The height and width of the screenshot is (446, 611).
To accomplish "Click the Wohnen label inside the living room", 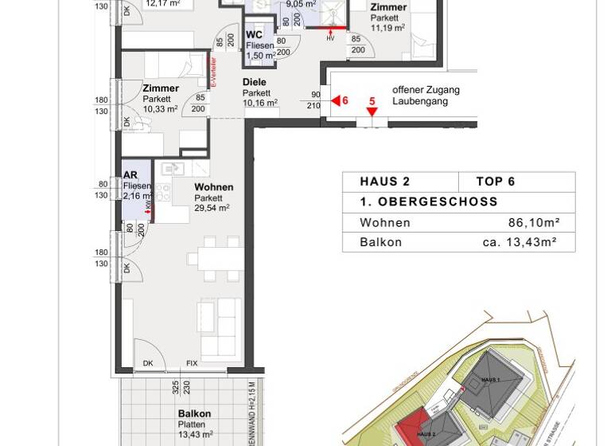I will pyautogui.click(x=213, y=187).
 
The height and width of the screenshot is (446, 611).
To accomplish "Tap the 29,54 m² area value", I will pyautogui.click(x=212, y=208).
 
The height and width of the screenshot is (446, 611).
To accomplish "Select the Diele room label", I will pyautogui.click(x=255, y=82).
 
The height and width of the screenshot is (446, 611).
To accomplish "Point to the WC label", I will pyautogui.click(x=254, y=35).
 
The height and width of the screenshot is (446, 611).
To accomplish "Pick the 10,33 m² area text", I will pyautogui.click(x=161, y=109).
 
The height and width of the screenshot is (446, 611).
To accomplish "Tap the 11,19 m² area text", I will pyautogui.click(x=387, y=28).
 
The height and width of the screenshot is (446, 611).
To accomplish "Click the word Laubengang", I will pyautogui.click(x=420, y=101).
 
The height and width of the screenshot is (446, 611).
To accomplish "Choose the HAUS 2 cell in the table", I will pyautogui.click(x=385, y=182).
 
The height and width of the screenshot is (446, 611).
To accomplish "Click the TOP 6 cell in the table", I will pyautogui.click(x=495, y=182).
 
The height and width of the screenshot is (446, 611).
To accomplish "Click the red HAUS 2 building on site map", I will pyautogui.click(x=421, y=430).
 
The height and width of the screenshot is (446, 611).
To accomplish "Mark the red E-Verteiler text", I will pyautogui.click(x=213, y=72).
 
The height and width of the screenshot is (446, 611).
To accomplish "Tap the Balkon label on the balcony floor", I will pyautogui.click(x=194, y=413).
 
